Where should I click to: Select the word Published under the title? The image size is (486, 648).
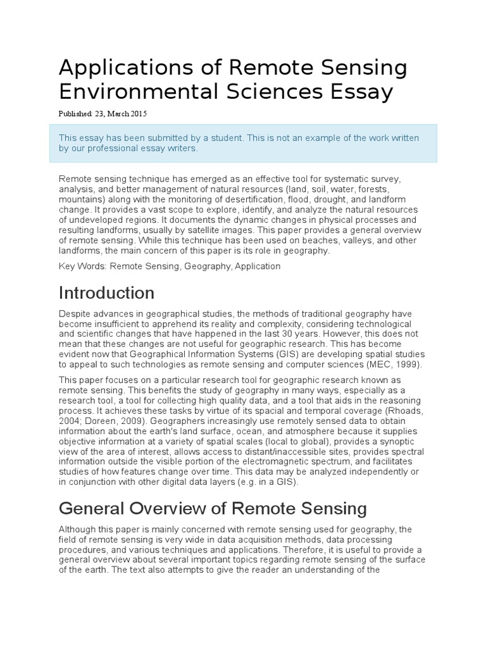pos(75,114)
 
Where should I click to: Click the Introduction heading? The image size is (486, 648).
pos(106,293)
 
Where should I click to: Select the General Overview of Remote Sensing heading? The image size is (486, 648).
pos(213,508)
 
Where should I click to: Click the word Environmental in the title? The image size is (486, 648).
pos(135,92)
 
